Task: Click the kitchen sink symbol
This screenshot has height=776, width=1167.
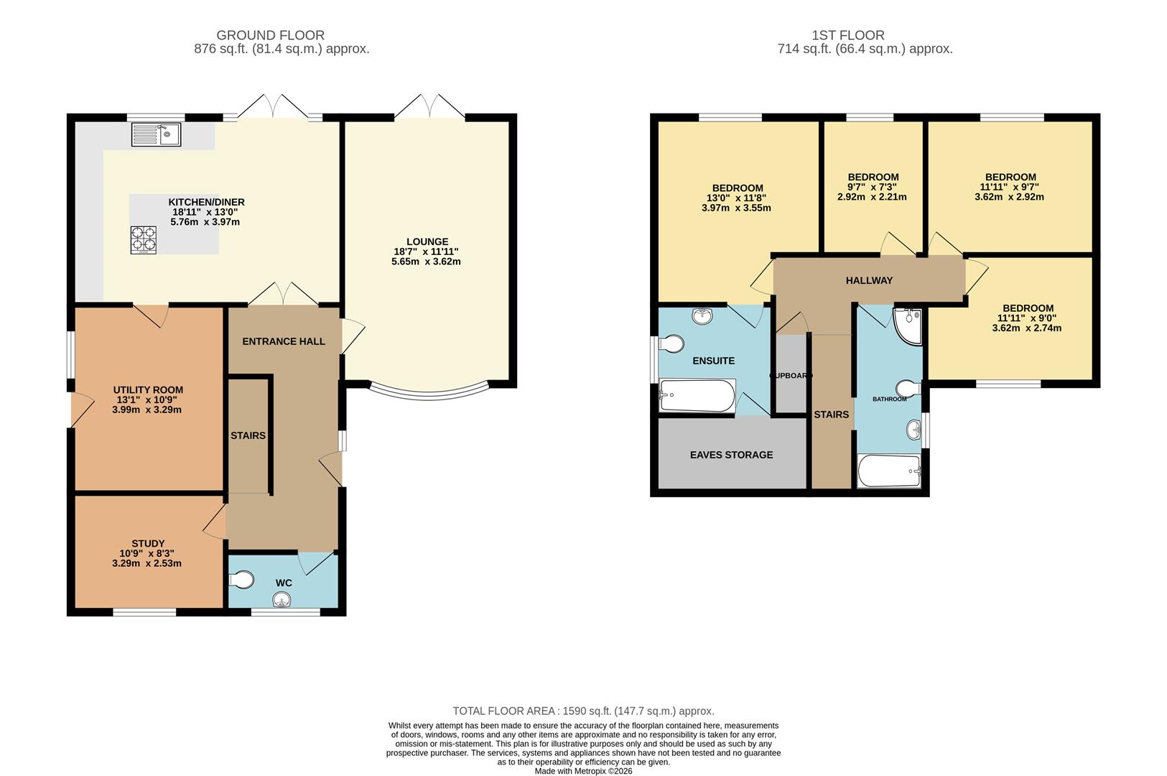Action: (157, 134)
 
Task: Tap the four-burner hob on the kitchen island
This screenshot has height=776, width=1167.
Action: (143, 240)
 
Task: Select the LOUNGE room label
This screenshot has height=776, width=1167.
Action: (427, 242)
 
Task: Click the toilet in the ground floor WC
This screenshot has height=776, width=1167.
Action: (242, 580)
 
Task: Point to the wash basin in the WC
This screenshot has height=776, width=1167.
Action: (282, 600)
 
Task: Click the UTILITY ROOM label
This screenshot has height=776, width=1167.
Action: (148, 390)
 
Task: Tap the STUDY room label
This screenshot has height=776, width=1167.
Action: (148, 544)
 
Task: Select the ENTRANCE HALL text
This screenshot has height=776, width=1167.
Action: (284, 341)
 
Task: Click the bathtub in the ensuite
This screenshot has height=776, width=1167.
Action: (697, 396)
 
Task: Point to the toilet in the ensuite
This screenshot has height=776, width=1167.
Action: (671, 344)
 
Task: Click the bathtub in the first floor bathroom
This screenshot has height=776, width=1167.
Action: (889, 471)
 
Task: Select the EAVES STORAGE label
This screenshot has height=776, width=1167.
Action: (732, 455)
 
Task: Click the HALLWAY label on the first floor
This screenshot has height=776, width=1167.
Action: (869, 280)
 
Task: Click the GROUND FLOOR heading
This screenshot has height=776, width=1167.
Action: (271, 35)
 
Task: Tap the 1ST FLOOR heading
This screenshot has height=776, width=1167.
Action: (848, 35)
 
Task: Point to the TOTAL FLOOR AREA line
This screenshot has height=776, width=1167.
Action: (583, 711)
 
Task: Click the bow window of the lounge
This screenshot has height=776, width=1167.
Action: (429, 395)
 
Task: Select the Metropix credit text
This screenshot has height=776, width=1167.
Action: (583, 771)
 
